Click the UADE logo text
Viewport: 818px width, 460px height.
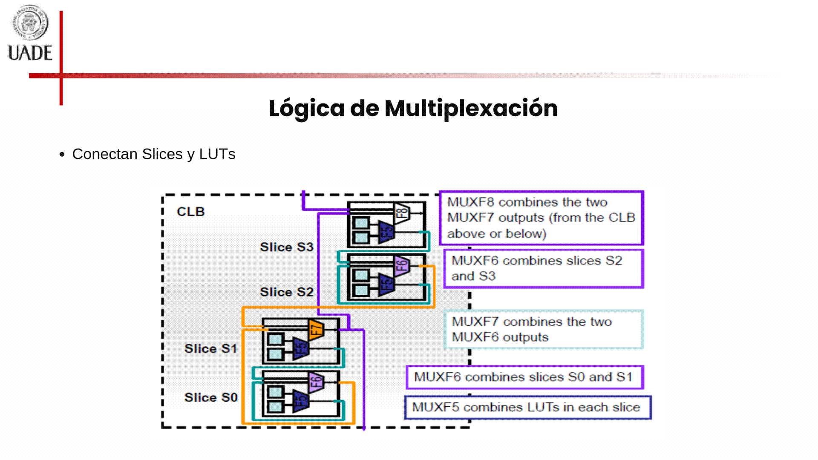click(x=30, y=53)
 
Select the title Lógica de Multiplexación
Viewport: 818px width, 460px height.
click(x=413, y=108)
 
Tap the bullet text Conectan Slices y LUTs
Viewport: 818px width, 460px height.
click(x=153, y=154)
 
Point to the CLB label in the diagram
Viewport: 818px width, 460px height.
click(x=190, y=212)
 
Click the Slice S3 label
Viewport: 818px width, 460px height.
click(x=286, y=247)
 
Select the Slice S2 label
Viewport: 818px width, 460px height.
click(x=286, y=292)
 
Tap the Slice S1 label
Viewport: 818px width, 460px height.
click(x=210, y=349)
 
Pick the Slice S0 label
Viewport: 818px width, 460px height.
click(x=210, y=397)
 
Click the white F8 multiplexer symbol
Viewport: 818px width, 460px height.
click(x=401, y=213)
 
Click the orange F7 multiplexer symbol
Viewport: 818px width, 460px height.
click(x=316, y=329)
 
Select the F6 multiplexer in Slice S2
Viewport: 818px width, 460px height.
click(x=401, y=266)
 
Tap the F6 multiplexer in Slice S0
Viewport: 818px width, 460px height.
click(x=316, y=382)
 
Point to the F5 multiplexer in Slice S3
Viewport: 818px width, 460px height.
click(x=386, y=232)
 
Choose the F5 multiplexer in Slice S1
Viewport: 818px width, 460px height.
click(x=301, y=348)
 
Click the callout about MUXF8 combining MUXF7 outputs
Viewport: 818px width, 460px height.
click(x=541, y=218)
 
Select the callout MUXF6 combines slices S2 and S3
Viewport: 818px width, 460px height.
click(x=543, y=268)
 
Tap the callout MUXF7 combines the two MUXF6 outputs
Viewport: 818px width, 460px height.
click(x=543, y=329)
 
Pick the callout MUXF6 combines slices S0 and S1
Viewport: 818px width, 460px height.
click(x=524, y=377)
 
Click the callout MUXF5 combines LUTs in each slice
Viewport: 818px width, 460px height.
click(x=527, y=407)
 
